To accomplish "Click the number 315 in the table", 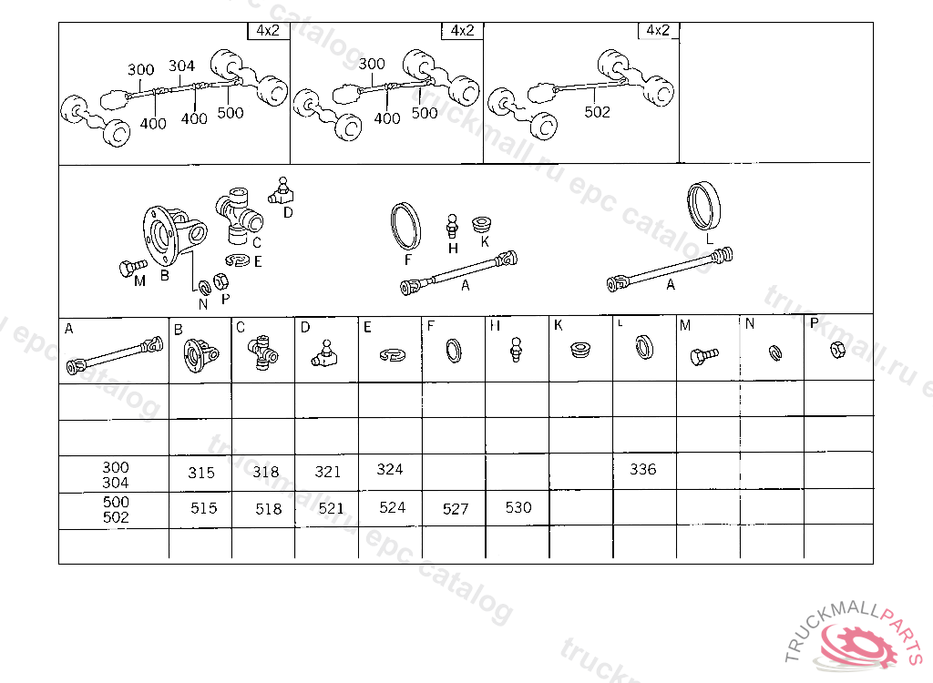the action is coord(201,473).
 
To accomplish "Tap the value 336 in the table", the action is coord(643,469).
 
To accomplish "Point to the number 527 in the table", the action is coord(456,509).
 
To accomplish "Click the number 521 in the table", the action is coord(331,509).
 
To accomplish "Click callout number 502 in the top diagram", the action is coord(598,112).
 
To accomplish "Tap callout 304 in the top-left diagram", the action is coord(181,66).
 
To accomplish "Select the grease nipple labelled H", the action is coord(452,227).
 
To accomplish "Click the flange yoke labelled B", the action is coord(173,236).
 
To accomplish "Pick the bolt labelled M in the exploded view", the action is coord(133,267).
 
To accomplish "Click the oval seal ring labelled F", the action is coord(405,226).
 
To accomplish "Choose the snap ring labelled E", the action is coord(238,260).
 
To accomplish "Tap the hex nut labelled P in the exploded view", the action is coord(220,280).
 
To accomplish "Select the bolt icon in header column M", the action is coord(704,356).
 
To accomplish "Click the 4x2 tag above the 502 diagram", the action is coord(658,30).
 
